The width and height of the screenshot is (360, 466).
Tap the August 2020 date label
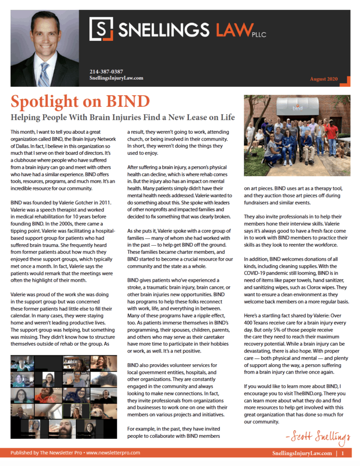324,79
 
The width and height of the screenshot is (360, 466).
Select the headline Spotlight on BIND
80,100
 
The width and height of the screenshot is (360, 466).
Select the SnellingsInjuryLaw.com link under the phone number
116,78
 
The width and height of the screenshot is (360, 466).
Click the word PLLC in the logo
259,34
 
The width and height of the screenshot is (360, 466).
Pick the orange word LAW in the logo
233,30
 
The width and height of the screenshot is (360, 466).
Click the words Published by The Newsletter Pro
45,453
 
